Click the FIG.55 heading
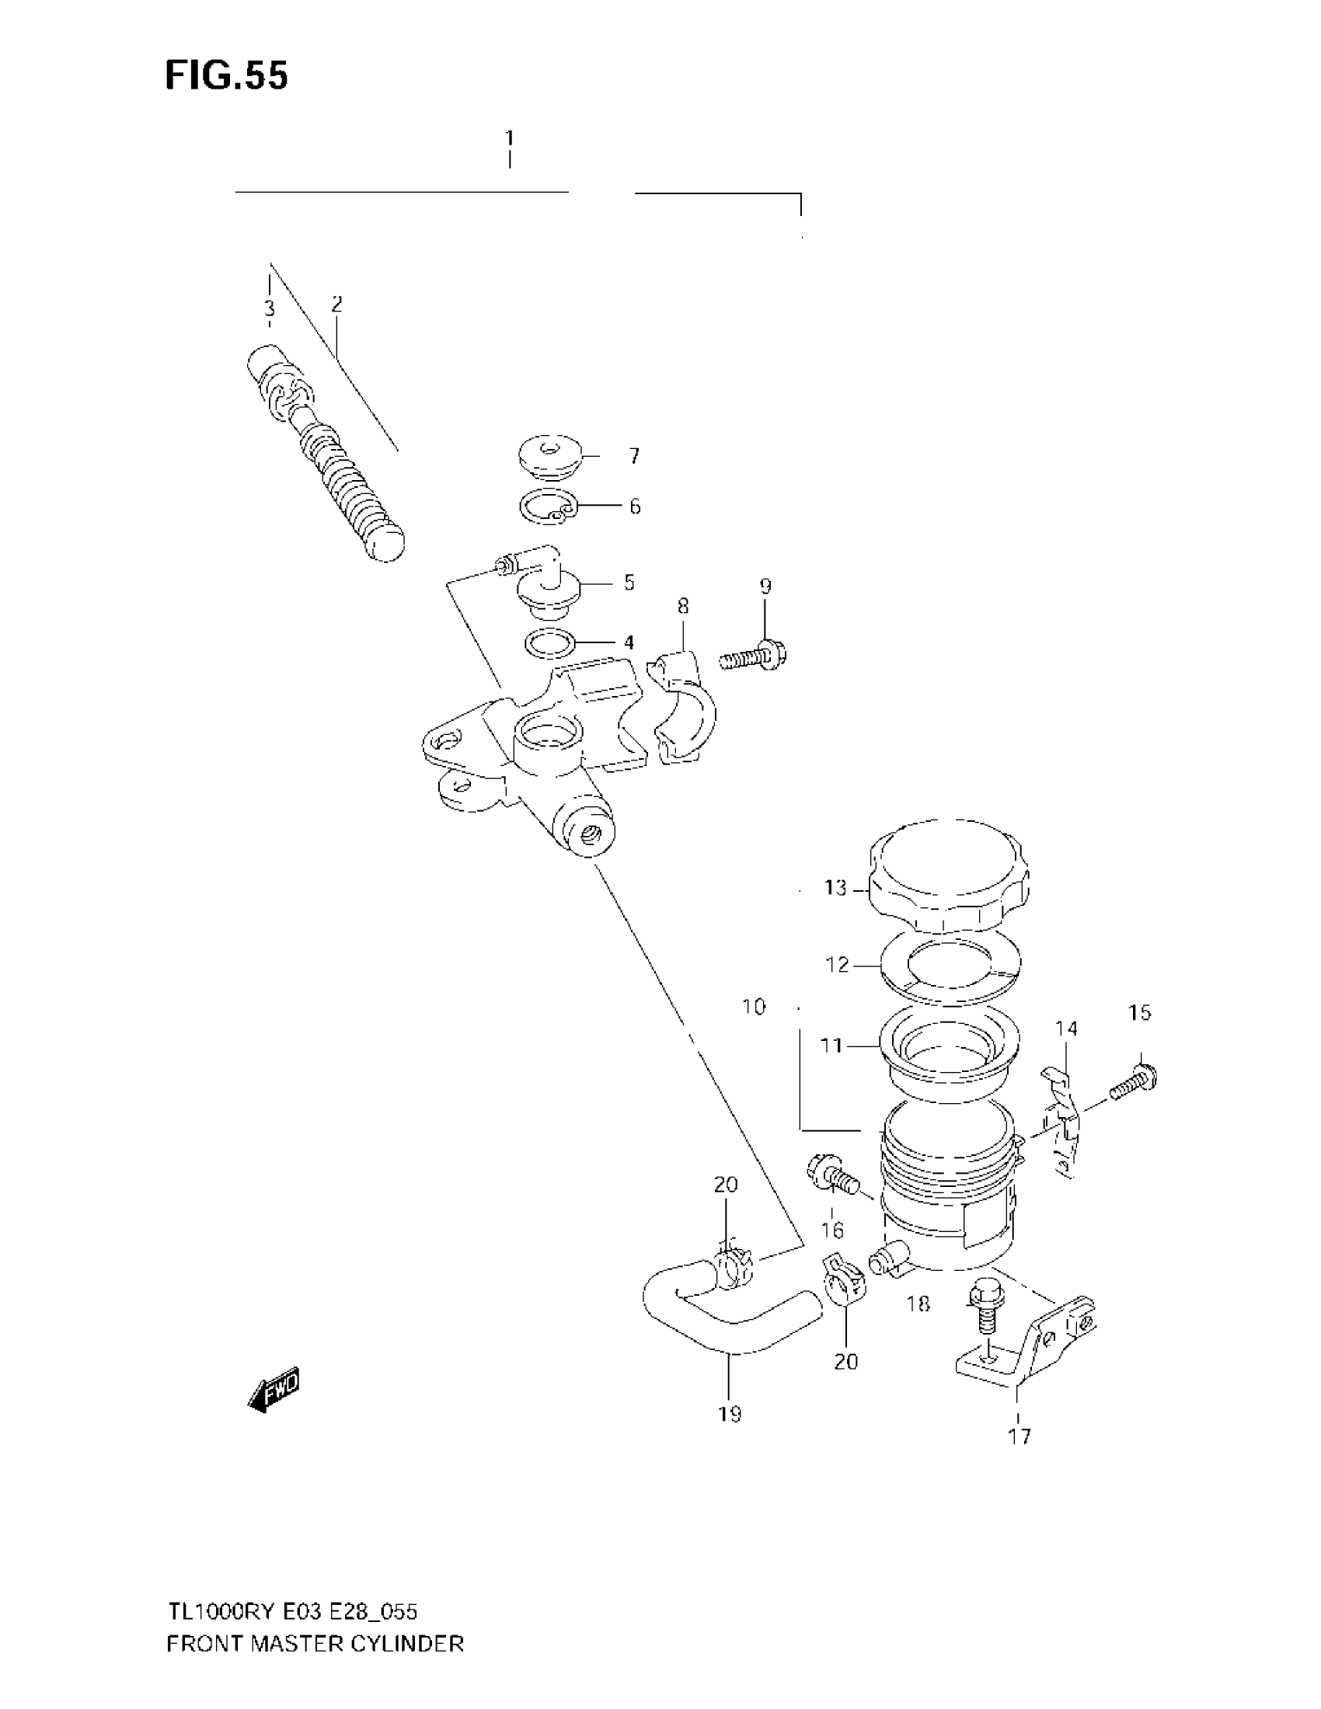[x=226, y=76]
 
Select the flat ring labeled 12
[x=950, y=970]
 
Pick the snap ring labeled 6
[x=547, y=507]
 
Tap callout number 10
[x=754, y=1007]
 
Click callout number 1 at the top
[x=510, y=138]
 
